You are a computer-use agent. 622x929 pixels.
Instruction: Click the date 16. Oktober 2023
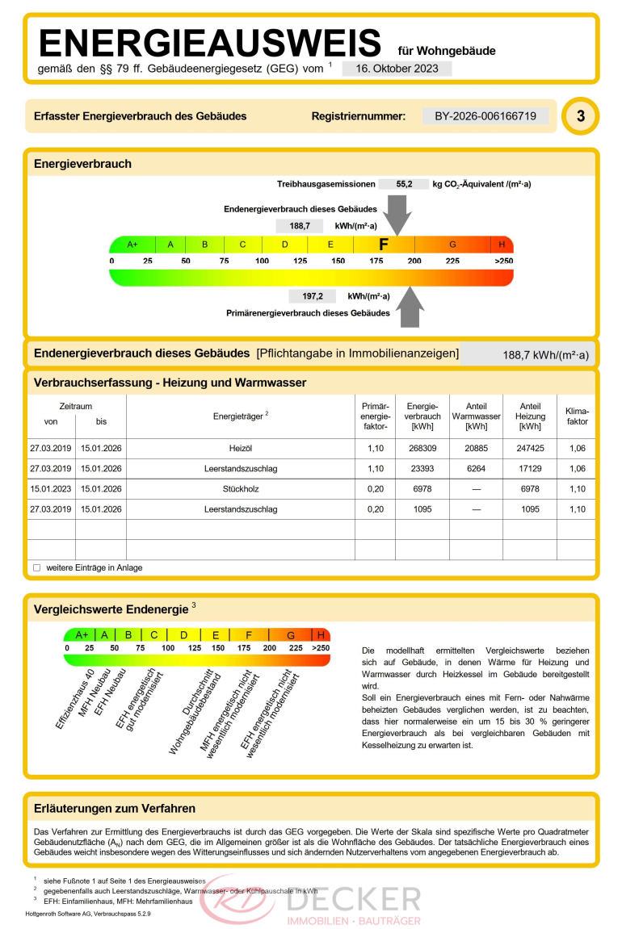[397, 69]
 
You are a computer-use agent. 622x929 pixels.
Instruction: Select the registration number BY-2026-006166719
[485, 116]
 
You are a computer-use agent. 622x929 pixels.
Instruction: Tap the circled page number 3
[581, 116]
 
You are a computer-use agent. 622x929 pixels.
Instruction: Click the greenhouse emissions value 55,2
[404, 184]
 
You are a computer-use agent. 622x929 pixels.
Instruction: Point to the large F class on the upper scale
[384, 244]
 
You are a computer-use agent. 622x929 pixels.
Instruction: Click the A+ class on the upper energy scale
[132, 245]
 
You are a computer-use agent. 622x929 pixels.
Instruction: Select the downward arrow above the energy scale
[397, 216]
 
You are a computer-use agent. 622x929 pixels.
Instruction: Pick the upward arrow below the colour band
[411, 308]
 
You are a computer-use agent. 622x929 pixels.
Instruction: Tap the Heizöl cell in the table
[242, 448]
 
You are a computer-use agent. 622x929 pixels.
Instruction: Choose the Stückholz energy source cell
[242, 489]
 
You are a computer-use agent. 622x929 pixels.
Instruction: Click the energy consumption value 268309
[422, 448]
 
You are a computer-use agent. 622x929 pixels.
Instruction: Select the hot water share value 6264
[476, 468]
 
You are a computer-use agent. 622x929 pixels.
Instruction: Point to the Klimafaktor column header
[577, 416]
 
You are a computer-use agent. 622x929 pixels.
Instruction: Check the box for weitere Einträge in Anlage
[36, 567]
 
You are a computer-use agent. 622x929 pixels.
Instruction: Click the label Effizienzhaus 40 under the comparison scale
[75, 700]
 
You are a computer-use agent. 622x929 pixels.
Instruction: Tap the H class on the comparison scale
[321, 635]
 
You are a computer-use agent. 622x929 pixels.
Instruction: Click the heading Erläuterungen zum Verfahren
[115, 808]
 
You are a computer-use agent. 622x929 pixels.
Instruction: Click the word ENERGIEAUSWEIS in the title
[210, 42]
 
